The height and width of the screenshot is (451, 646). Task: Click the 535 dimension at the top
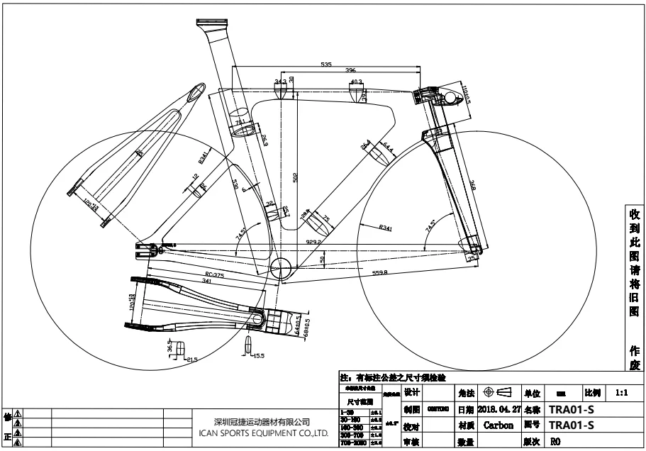pos(326,65)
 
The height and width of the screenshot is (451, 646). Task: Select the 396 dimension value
pos(350,71)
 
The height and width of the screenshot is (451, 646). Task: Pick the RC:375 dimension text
pos(214,274)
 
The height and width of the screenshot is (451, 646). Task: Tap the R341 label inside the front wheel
pos(386,228)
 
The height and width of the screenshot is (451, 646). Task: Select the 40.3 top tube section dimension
pos(356,82)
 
